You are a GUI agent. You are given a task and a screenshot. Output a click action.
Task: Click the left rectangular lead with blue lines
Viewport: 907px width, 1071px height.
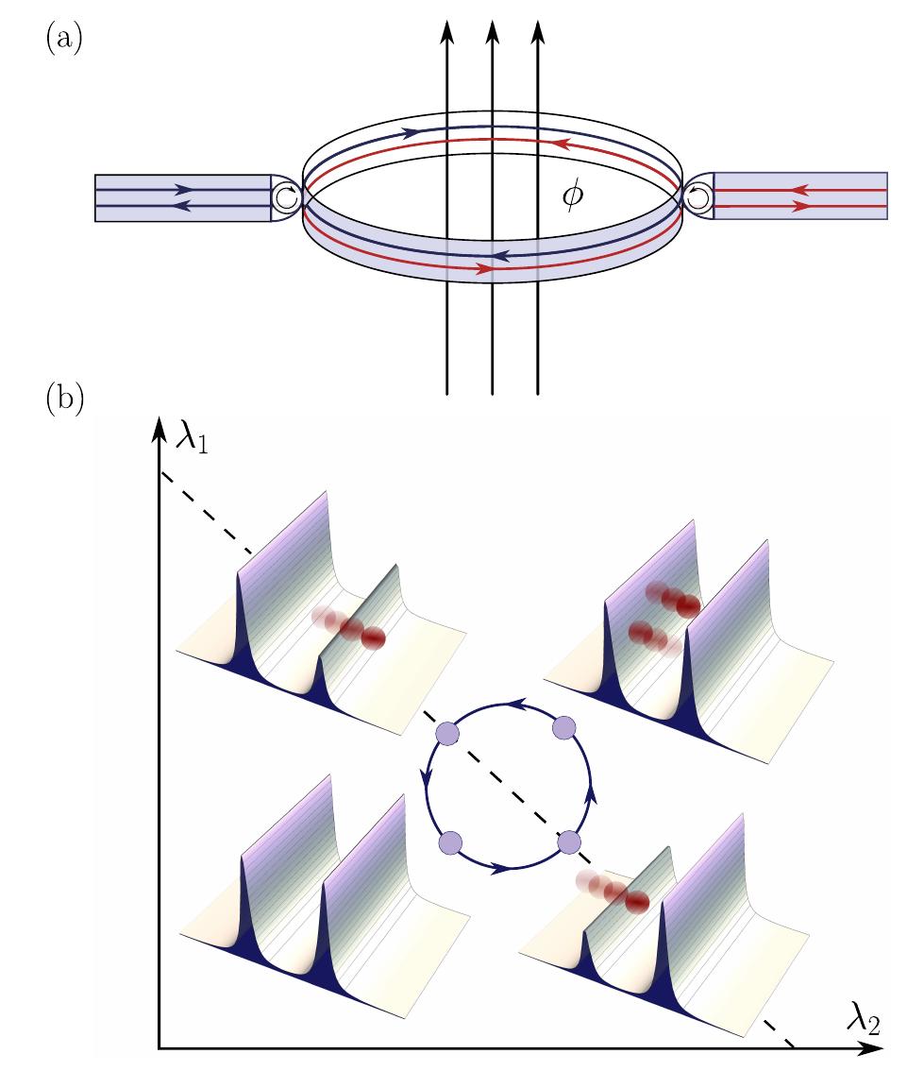coord(183,197)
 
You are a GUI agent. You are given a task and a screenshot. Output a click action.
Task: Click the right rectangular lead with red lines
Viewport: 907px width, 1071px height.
coord(799,196)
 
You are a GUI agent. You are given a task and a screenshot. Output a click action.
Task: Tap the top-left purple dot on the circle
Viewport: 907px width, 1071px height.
coord(446,734)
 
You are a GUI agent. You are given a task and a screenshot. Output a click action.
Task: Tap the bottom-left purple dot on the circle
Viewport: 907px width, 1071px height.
coord(451,841)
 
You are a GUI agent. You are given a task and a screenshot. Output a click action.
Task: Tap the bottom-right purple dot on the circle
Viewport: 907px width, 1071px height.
coord(569,841)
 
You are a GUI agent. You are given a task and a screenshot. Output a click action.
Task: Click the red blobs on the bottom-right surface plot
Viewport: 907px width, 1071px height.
coord(615,893)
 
